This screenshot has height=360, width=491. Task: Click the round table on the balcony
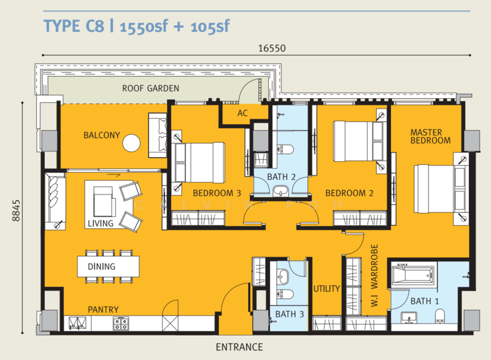click(x=131, y=143)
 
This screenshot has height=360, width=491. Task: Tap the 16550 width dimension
click(x=272, y=48)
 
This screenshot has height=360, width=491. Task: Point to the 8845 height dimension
click(x=16, y=210)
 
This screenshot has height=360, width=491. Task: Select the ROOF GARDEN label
click(x=150, y=88)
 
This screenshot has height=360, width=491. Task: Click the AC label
click(x=242, y=113)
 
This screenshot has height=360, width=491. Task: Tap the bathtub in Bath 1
click(x=412, y=275)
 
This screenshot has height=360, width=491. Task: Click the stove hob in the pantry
click(x=121, y=323)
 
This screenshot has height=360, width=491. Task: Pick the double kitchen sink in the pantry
click(x=78, y=323)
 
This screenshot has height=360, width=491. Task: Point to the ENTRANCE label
click(x=239, y=347)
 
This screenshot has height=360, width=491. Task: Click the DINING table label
click(x=101, y=267)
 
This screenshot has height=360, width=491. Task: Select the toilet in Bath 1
click(x=440, y=316)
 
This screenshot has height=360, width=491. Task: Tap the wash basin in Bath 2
click(x=280, y=191)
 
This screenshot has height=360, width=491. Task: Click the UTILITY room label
click(x=327, y=289)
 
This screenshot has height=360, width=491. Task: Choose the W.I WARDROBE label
click(x=374, y=275)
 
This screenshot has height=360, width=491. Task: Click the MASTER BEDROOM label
click(x=430, y=137)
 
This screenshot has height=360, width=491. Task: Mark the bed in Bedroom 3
click(x=198, y=163)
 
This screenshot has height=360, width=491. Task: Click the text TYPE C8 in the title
click(x=74, y=26)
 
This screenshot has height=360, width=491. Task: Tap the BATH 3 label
click(x=290, y=315)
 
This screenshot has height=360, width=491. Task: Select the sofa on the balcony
click(x=158, y=135)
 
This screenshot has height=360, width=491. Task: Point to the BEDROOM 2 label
click(x=349, y=193)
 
